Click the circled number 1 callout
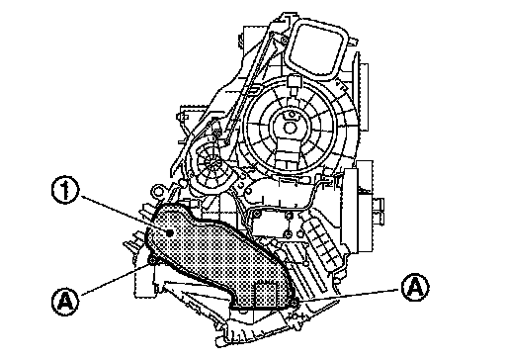click(x=65, y=191)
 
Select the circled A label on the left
click(x=65, y=301)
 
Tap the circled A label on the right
click(x=415, y=288)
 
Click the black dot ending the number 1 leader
click(x=169, y=233)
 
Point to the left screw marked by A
click(x=152, y=261)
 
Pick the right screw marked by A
click(x=295, y=301)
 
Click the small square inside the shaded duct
click(x=265, y=294)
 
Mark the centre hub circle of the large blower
click(x=290, y=128)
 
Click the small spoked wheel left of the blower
click(x=210, y=161)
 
